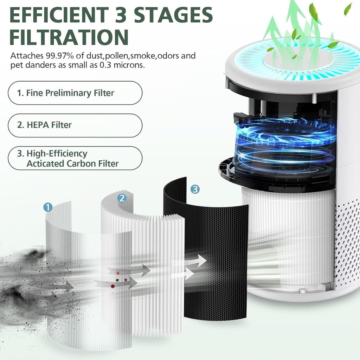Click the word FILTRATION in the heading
pyautogui.click(x=69, y=37)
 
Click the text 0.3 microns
pyautogui.click(x=125, y=65)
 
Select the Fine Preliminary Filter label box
pyautogui.click(x=75, y=93)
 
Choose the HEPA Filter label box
pyautogui.click(x=75, y=125)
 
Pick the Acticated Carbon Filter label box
pyautogui.click(x=75, y=159)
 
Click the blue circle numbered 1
pyautogui.click(x=48, y=207)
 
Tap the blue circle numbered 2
pyautogui.click(x=122, y=198)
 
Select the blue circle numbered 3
pyautogui.click(x=195, y=189)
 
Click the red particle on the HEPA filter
pyautogui.click(x=112, y=286)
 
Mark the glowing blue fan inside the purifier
pyautogui.click(x=285, y=141)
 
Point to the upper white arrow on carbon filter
pyautogui.click(x=195, y=261)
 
